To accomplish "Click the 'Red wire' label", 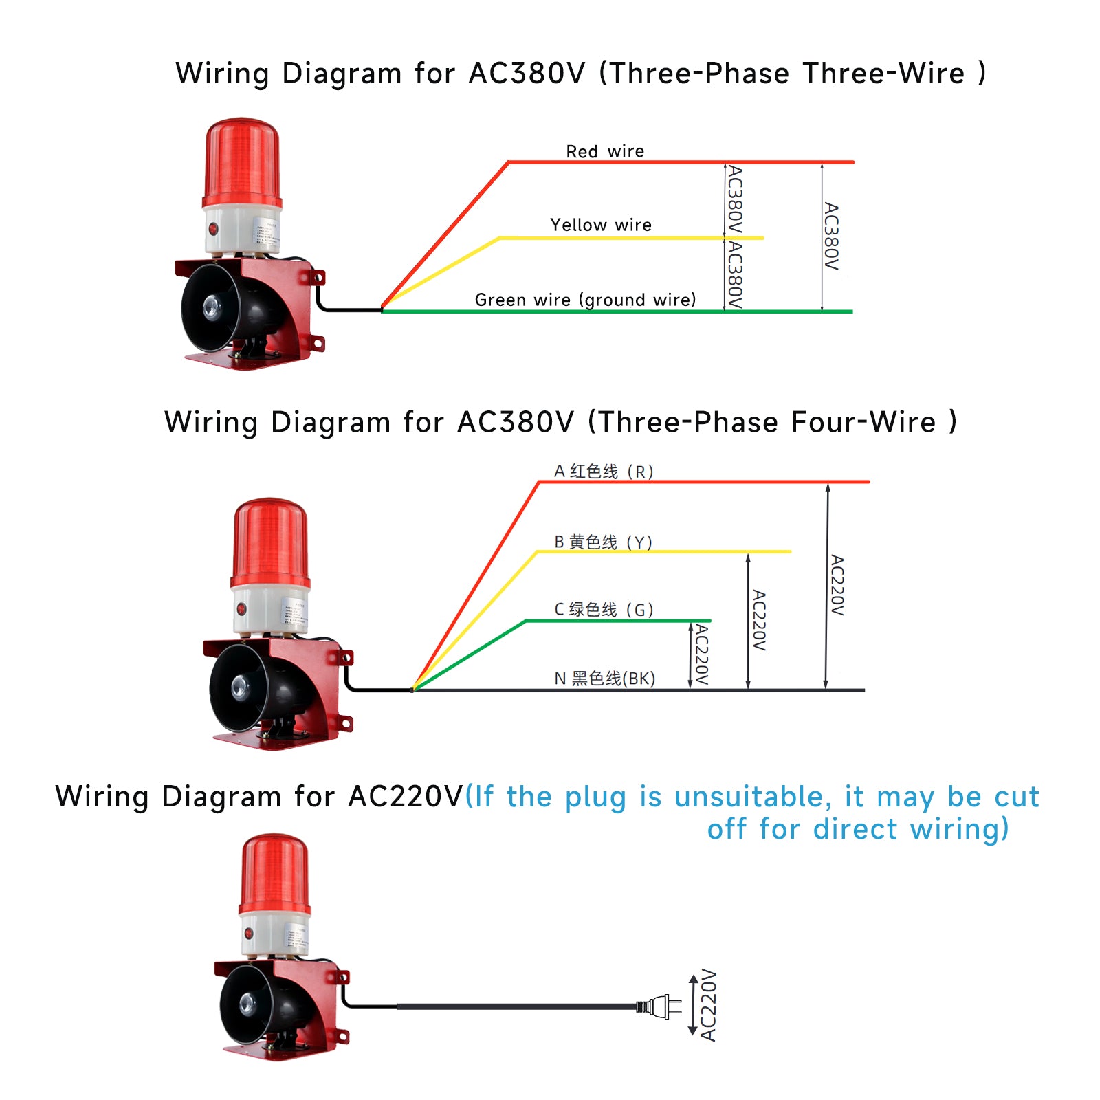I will point(605,151).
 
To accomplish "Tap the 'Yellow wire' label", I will point(601,225).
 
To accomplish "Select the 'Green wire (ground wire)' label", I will point(585,300).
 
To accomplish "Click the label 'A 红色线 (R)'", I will point(604,472).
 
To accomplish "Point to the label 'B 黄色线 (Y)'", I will point(603,542).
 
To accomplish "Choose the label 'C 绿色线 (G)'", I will point(604,610).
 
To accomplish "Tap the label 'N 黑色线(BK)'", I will point(604,679).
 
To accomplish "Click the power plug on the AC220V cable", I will point(661,1007).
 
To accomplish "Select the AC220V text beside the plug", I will point(709,1004).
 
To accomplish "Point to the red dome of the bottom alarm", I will point(274,874).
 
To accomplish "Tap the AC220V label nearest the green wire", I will point(701,654).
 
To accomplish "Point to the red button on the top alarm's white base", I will point(213,228).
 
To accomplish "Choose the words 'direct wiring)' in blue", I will point(911,829).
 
